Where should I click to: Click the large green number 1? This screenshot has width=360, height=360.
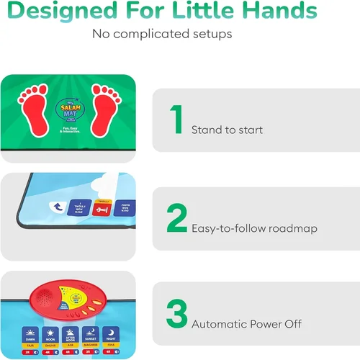point(176,120)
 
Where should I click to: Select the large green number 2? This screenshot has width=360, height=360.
point(176,219)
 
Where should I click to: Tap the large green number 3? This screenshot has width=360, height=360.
point(176,313)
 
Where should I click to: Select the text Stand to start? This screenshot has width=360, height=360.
point(227,130)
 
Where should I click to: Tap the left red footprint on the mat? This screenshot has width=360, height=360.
point(36,104)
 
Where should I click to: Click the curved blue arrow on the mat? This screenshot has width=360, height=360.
point(56,207)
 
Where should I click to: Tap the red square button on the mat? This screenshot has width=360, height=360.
point(103,209)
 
